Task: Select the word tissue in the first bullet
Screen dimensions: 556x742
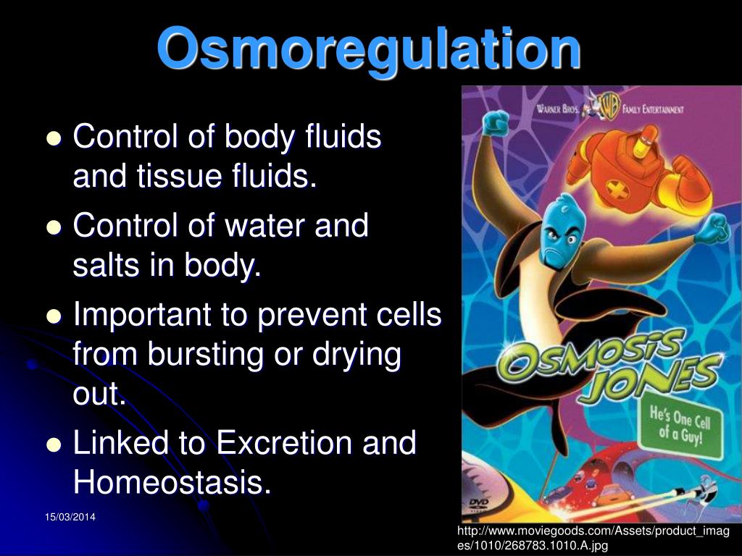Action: tap(168, 177)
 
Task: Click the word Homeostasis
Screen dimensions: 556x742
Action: tap(172, 482)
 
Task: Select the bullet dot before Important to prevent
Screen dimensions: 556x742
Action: tap(54, 317)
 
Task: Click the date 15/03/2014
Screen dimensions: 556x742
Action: tap(70, 517)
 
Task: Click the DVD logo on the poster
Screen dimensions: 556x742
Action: tap(480, 504)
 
